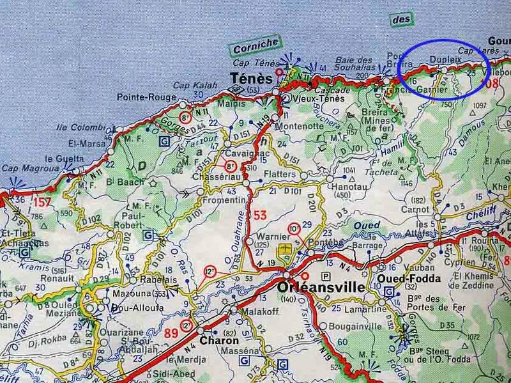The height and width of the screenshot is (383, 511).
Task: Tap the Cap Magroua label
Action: (x=27, y=168)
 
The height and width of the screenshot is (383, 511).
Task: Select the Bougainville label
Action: (x=354, y=326)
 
